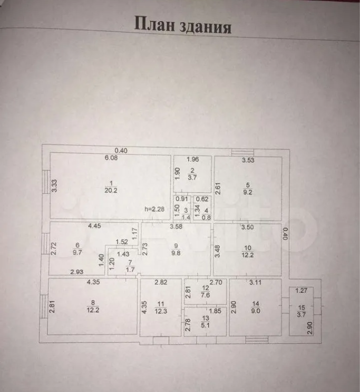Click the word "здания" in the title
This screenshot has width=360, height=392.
[205, 25]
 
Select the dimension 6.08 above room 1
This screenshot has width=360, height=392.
[111, 157]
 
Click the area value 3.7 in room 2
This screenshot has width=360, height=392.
[192, 177]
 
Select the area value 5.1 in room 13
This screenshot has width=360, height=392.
[206, 326]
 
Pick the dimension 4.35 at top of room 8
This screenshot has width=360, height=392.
[95, 283]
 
